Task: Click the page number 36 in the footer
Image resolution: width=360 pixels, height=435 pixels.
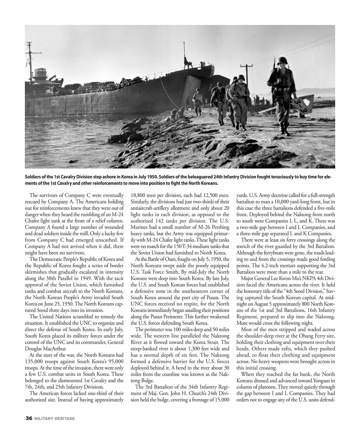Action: click(29, 418)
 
